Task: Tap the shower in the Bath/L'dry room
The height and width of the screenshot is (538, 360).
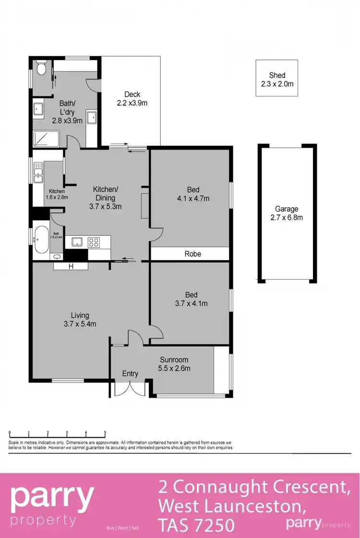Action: tap(46, 139)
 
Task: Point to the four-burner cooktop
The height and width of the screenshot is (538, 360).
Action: tap(94, 242)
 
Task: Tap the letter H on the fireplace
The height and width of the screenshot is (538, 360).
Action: tap(71, 267)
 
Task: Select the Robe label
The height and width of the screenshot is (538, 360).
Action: tap(192, 254)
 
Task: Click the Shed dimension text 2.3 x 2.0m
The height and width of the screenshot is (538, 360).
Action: tap(277, 84)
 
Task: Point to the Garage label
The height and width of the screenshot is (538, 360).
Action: tap(287, 209)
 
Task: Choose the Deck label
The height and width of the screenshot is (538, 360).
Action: tap(132, 94)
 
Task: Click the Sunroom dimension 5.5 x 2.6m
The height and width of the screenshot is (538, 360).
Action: tap(174, 369)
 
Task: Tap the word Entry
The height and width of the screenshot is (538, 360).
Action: tap(130, 373)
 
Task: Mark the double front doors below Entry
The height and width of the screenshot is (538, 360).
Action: tap(130, 389)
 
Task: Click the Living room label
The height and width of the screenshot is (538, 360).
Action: tap(80, 315)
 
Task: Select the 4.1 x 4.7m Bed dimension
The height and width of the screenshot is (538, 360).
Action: tap(193, 198)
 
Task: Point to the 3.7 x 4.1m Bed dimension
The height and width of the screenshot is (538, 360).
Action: tap(191, 303)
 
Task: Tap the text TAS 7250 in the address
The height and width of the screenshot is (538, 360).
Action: tap(196, 525)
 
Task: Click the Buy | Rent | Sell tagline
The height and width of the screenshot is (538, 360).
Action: tap(122, 528)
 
